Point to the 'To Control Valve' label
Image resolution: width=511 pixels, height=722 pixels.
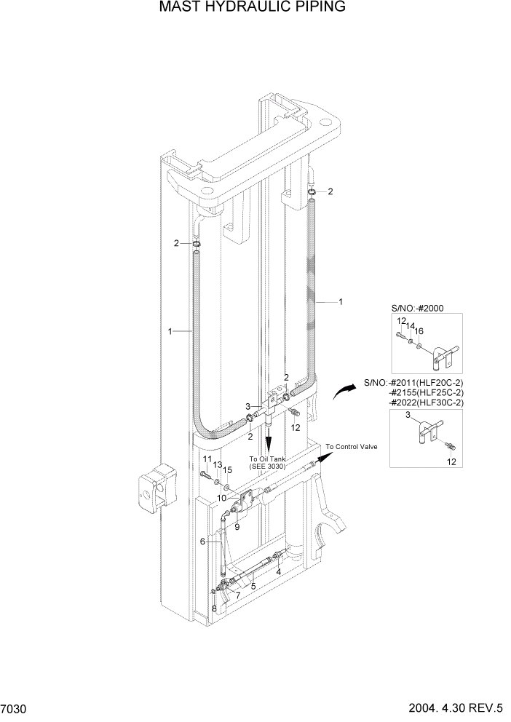coord(351,447)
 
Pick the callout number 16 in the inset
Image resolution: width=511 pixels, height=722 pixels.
coord(419,331)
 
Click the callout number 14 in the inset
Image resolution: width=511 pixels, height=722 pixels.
coord(410,325)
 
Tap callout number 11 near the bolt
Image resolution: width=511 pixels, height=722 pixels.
coord(207,459)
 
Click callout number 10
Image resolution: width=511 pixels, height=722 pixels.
coord(221,498)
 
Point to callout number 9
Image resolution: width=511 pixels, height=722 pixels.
coord(237,526)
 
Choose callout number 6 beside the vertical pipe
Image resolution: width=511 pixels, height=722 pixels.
coord(203,541)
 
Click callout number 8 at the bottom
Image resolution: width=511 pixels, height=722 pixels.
coord(214,608)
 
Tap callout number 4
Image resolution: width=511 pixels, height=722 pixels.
coord(279,572)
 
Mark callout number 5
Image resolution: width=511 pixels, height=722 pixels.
coord(253,585)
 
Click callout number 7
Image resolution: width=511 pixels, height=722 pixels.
coord(237,595)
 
